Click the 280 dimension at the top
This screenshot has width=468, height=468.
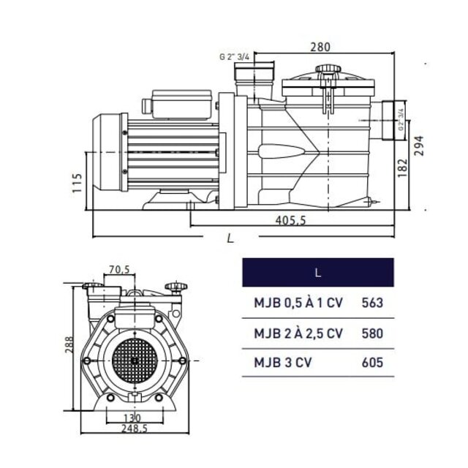pyautogui.click(x=320, y=47)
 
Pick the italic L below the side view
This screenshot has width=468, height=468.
pyautogui.click(x=230, y=238)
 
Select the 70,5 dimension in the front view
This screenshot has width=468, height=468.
pyautogui.click(x=119, y=270)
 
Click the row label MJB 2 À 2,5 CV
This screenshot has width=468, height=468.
pyautogui.click(x=298, y=333)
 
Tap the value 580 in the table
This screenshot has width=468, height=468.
pyautogui.click(x=372, y=333)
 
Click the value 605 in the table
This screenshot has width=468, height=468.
pyautogui.click(x=372, y=362)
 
